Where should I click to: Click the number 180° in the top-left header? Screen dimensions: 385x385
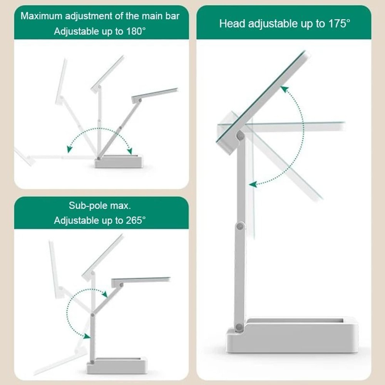[x=136, y=32]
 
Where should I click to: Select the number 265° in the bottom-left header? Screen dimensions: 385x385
[x=136, y=221]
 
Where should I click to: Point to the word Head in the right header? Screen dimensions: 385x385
[x=232, y=23]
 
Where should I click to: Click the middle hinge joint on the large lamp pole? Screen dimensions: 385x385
[x=240, y=226]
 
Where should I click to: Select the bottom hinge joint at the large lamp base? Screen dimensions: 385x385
[x=239, y=327]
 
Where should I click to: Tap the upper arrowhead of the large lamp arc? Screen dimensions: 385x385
[x=284, y=90]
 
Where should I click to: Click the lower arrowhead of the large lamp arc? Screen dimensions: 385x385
[x=253, y=185]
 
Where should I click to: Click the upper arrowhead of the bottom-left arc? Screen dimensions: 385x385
[x=104, y=294]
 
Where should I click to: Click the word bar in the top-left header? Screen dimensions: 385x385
[x=173, y=16]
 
